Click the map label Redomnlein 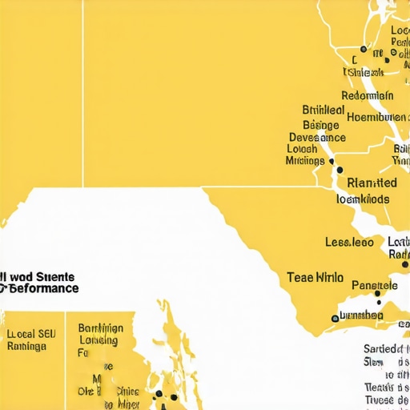click(x=368, y=95)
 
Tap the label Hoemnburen click(x=376, y=118)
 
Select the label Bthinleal click(x=324, y=111)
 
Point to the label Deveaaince click(x=317, y=137)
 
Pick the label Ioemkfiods click(x=363, y=199)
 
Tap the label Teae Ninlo click(x=315, y=278)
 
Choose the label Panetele click(x=375, y=285)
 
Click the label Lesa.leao click(x=349, y=242)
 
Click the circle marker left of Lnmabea click(x=335, y=318)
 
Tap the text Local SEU click(x=31, y=334)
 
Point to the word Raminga click(x=26, y=347)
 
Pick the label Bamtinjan click(x=101, y=328)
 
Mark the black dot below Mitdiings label click(x=340, y=170)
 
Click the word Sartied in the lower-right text click(x=383, y=348)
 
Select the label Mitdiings click(x=304, y=161)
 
